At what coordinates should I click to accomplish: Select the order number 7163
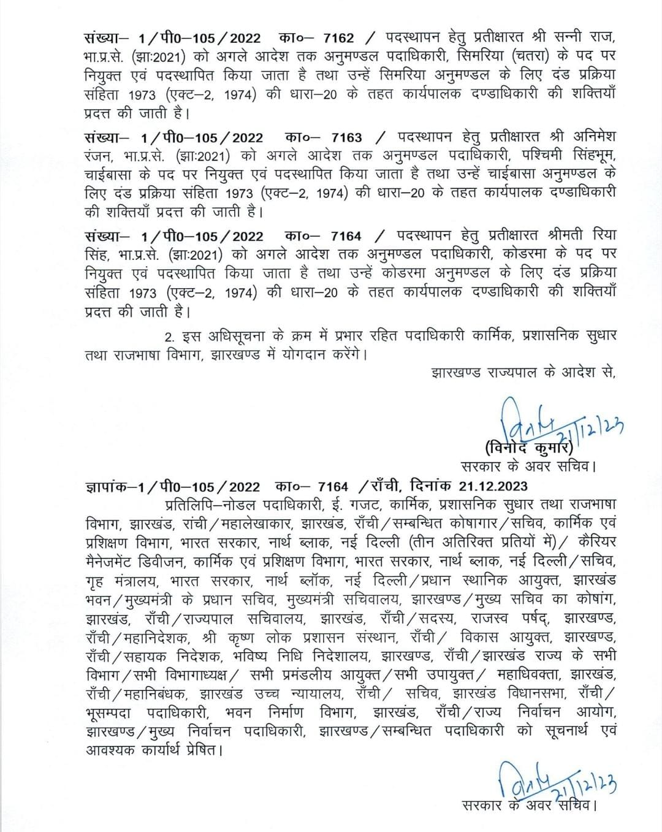[x=346, y=138]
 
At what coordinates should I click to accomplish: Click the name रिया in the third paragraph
[x=603, y=236]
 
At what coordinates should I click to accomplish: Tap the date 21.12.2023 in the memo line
[x=492, y=486]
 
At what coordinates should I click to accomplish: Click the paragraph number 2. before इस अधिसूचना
[x=170, y=336]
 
